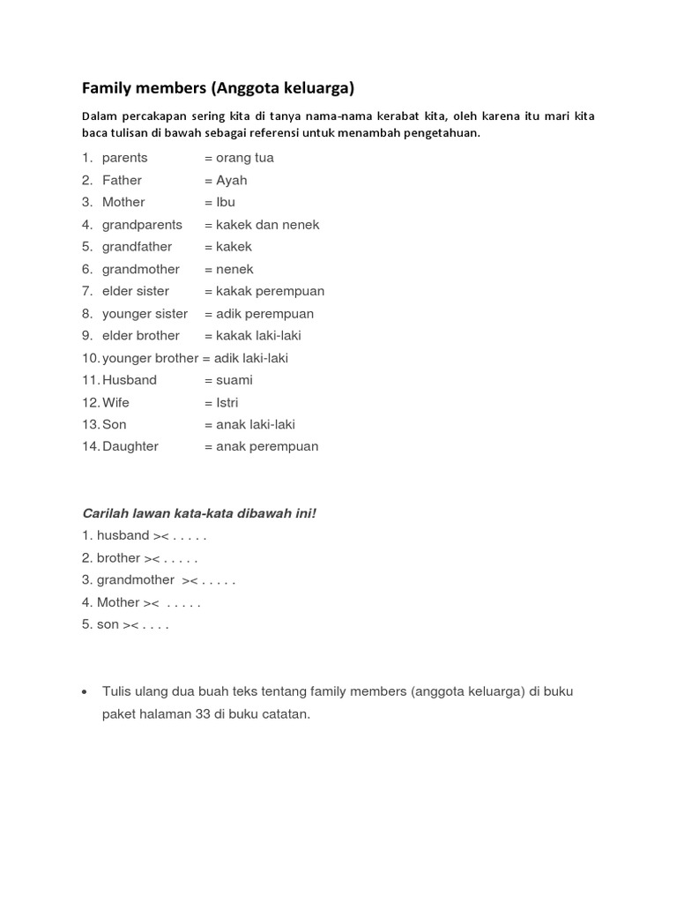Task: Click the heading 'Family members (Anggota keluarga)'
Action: click(x=218, y=88)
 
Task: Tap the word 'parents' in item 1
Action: click(x=125, y=158)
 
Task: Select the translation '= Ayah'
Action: click(x=226, y=180)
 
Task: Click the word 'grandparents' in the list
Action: click(x=142, y=225)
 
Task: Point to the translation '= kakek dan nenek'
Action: click(x=262, y=225)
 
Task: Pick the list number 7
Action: click(x=87, y=291)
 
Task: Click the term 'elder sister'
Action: click(x=136, y=291)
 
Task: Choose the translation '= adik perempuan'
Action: click(x=259, y=314)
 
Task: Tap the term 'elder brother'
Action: click(x=141, y=336)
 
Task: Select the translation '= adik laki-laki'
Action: click(x=245, y=358)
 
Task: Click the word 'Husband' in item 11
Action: click(x=130, y=380)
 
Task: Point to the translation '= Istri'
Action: click(x=221, y=403)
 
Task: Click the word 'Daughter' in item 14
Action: click(x=130, y=447)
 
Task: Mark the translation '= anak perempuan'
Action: click(x=262, y=447)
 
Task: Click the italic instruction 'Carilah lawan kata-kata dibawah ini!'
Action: click(x=198, y=513)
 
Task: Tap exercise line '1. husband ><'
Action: click(x=124, y=535)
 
